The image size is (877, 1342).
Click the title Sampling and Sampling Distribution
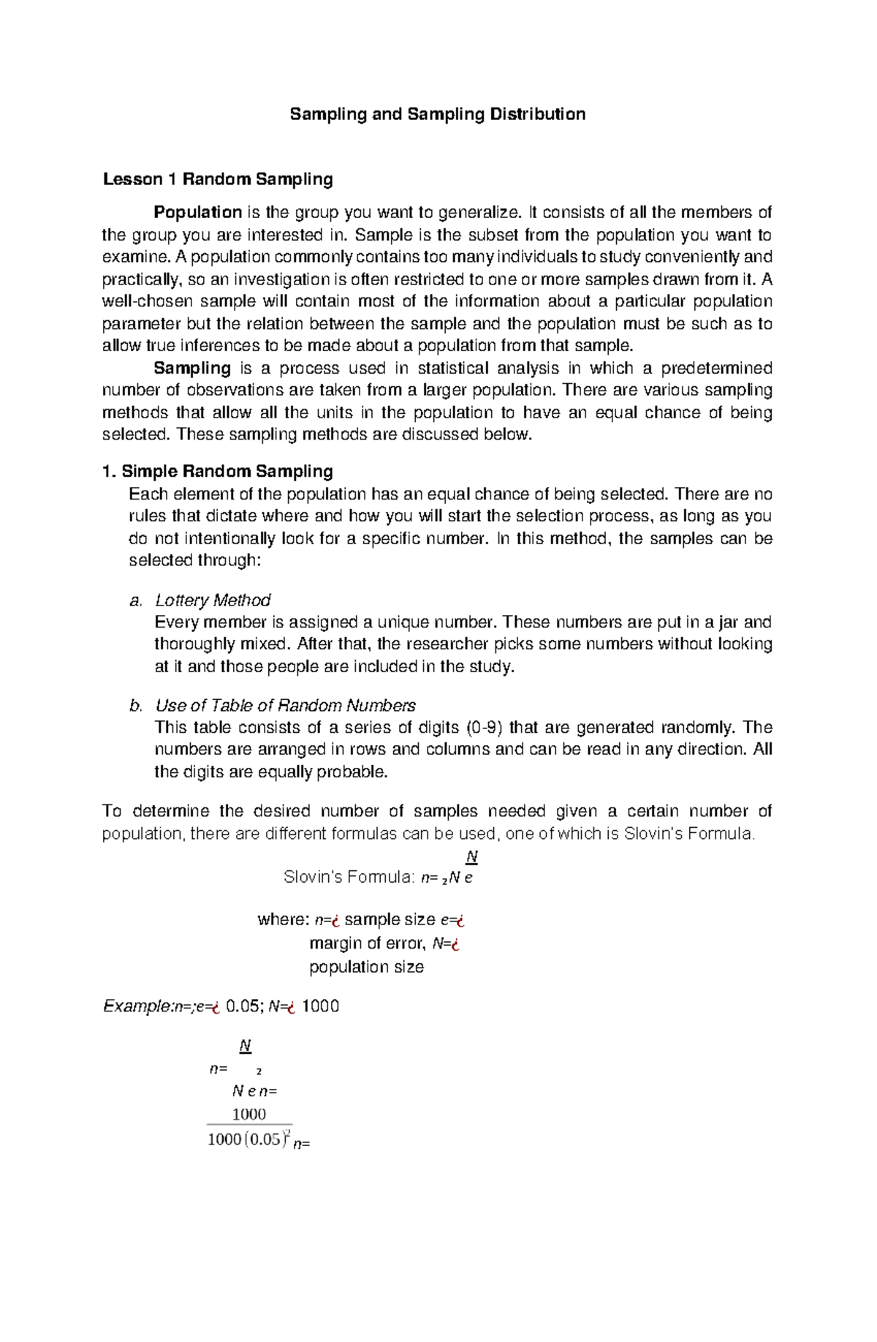pos(437,114)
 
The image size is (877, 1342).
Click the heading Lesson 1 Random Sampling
pos(218,179)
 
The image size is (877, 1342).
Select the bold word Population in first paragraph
pos(197,213)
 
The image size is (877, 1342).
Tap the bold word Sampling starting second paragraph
pos(192,369)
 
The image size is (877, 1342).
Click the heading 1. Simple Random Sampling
pos(218,472)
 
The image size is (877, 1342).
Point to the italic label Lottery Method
pos(213,600)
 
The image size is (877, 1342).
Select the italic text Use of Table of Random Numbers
pos(285,706)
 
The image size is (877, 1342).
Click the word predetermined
pos(718,369)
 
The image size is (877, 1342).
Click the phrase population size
pos(366,967)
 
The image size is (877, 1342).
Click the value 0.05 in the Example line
pos(243,1006)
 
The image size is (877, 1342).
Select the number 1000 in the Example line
pos(320,1006)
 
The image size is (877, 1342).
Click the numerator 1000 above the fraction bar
pos(248,1115)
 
